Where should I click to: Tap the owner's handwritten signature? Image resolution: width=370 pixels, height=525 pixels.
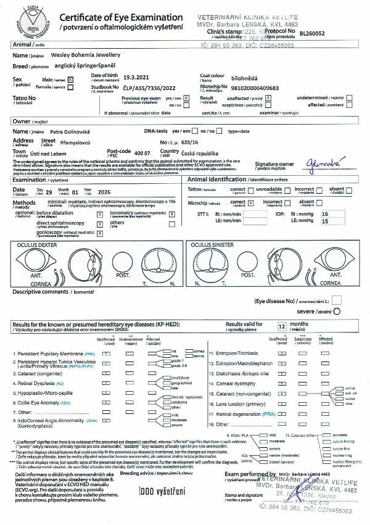click(321, 163)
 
